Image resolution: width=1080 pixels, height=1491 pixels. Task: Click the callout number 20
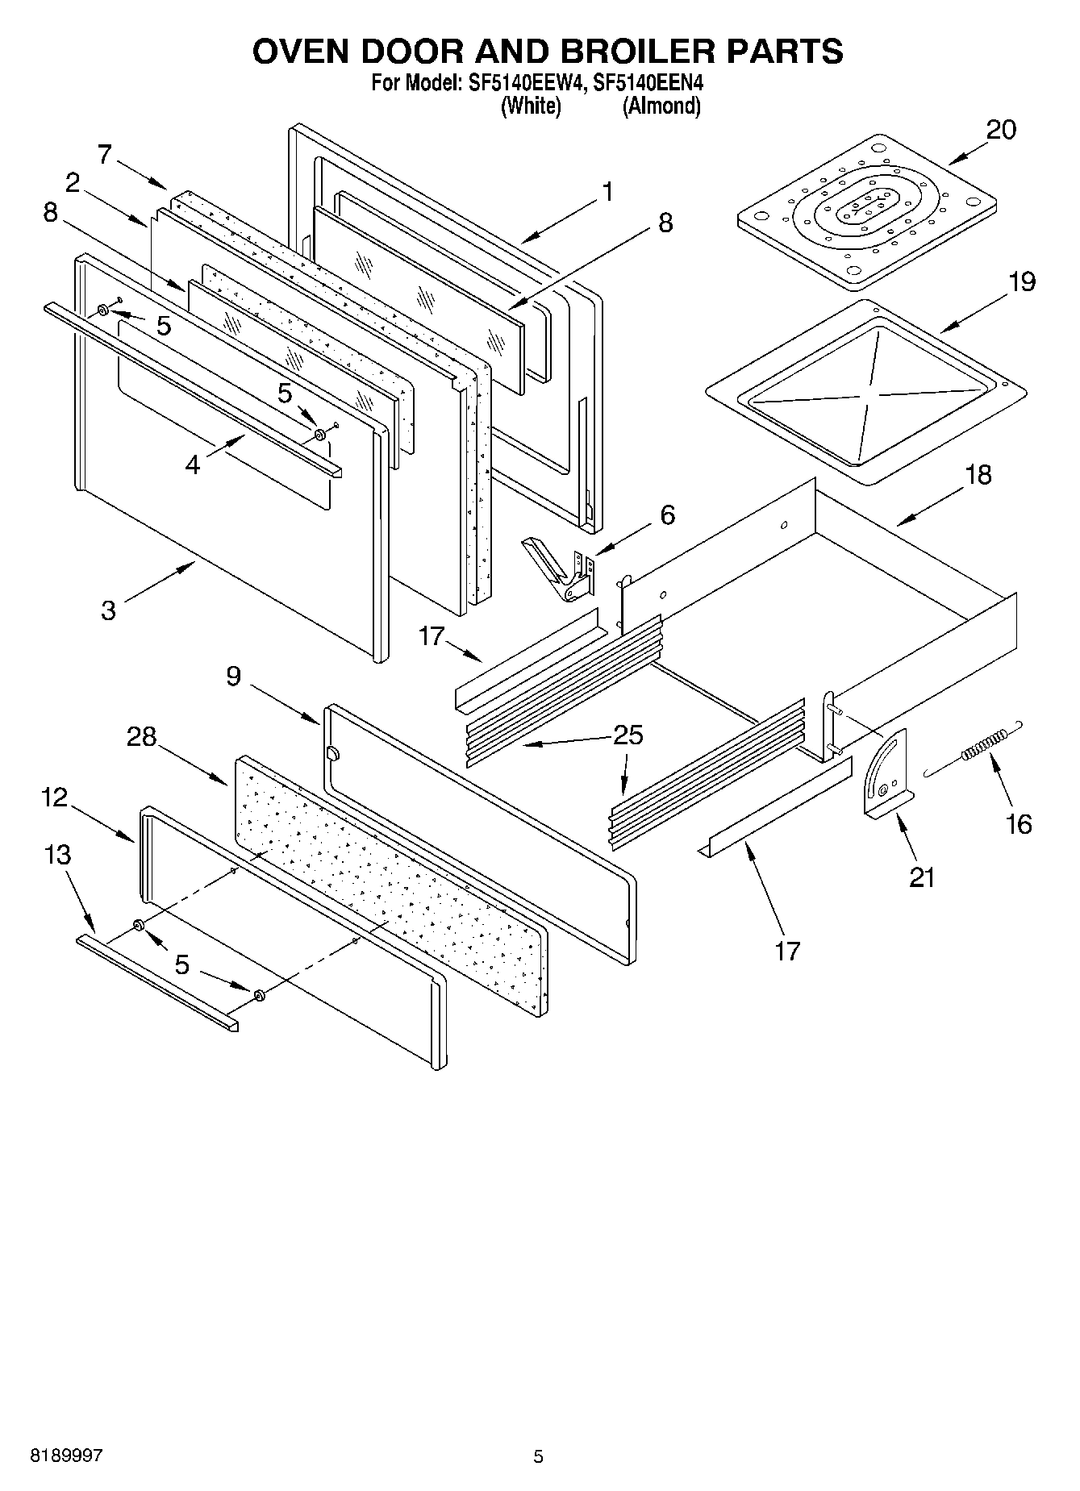pos(1001,130)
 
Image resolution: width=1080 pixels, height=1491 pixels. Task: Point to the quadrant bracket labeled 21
pos(887,774)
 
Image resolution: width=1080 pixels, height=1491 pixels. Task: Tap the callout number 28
pos(141,736)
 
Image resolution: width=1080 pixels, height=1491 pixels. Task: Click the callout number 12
pos(55,798)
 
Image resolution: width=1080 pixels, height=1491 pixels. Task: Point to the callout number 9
pos(233,676)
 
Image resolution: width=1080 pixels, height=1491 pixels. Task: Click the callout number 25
pos(628,735)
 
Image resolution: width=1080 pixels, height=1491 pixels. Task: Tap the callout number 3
pos(108,610)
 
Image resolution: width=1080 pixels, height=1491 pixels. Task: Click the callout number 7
pos(104,154)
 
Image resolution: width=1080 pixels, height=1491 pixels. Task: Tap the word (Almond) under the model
pos(661,106)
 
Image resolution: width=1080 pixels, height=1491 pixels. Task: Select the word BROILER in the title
pos(634,51)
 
